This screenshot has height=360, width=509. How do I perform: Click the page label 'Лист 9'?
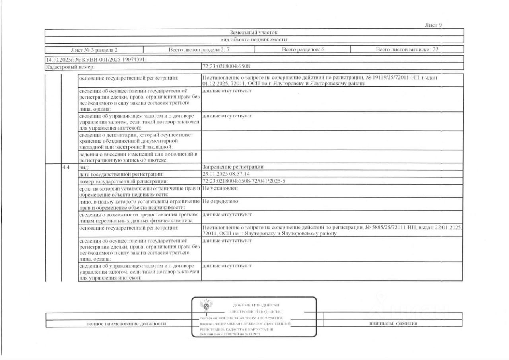click(x=433, y=25)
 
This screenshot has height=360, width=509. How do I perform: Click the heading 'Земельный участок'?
click(x=254, y=32)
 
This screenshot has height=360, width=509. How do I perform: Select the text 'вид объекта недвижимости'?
click(x=254, y=39)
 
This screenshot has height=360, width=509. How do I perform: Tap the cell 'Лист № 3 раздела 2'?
click(x=94, y=50)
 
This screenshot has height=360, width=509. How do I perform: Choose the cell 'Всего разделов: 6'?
click(x=302, y=50)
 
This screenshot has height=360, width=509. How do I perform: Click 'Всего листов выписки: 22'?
click(x=407, y=50)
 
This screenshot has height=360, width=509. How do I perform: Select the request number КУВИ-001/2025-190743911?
click(x=105, y=60)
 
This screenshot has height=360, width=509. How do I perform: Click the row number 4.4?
click(x=66, y=167)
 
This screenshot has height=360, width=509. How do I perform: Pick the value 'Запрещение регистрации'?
click(x=233, y=167)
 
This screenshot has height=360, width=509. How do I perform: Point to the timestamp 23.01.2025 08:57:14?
click(x=226, y=174)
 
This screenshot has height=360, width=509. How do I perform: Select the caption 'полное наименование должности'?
click(x=126, y=324)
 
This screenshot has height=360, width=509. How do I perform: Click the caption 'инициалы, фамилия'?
click(x=393, y=323)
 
